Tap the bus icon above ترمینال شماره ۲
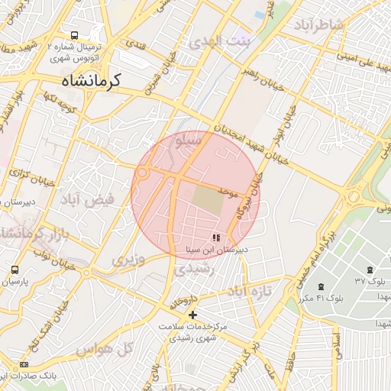(74, 35)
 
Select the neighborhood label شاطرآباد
(318, 25)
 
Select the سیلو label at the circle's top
(188, 141)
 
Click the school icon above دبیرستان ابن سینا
(216, 238)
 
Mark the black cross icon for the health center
(192, 315)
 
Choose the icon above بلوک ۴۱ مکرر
(320, 286)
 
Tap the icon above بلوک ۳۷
(370, 270)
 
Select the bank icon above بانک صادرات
(24, 365)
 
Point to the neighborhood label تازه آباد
(249, 292)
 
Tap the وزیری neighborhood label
(127, 260)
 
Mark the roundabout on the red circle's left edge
(141, 173)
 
